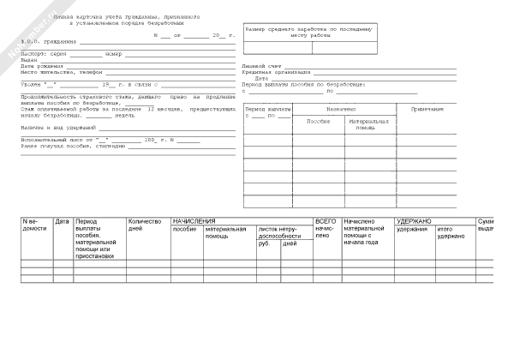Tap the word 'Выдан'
(29, 60)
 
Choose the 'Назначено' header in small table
(341, 110)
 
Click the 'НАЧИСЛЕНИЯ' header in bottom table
(194, 221)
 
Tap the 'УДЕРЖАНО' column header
(415, 221)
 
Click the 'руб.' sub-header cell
(264, 244)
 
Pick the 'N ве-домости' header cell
(35, 225)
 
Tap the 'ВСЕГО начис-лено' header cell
(326, 229)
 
